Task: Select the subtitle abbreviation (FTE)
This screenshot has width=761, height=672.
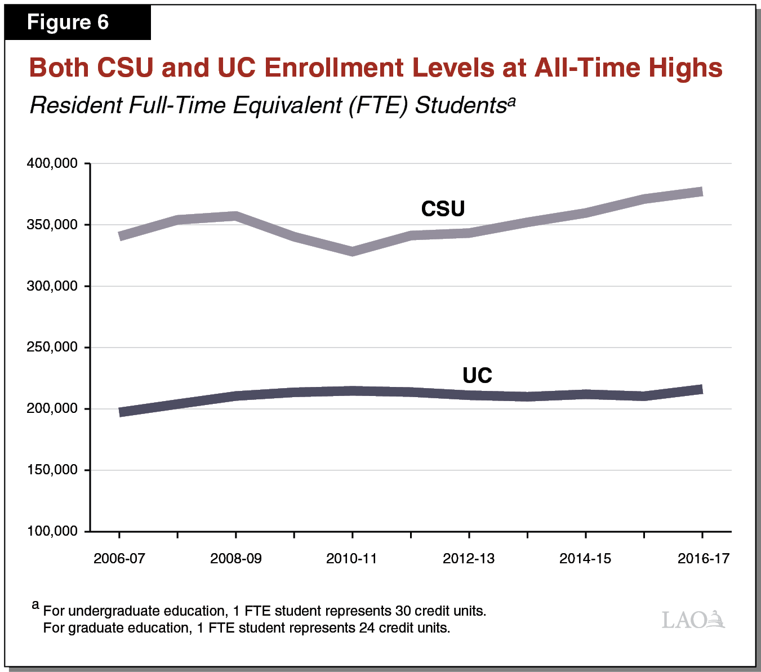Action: pos(377,105)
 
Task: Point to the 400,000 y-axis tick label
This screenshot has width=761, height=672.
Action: pos(52,163)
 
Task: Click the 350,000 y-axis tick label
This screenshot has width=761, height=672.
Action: pos(52,225)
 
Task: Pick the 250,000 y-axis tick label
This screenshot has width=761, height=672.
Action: pos(52,348)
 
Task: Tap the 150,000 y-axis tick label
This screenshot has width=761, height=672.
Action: pos(52,470)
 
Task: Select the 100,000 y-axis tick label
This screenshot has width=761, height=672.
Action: pos(52,531)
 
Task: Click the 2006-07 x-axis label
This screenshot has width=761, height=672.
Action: pos(119,558)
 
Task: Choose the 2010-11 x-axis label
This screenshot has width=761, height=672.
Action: pos(352,558)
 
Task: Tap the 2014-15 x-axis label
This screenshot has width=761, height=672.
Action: pos(585,558)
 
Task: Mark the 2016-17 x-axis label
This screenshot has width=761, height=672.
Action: pos(703,558)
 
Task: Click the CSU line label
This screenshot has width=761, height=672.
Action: pos(443,209)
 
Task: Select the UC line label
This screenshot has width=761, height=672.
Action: pos(477,376)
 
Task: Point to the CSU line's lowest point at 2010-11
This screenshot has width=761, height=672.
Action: pos(352,251)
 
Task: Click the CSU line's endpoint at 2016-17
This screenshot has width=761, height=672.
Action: pos(701,192)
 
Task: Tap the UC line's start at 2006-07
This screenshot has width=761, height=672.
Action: pos(121,412)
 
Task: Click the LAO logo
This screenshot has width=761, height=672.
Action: pos(693,620)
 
